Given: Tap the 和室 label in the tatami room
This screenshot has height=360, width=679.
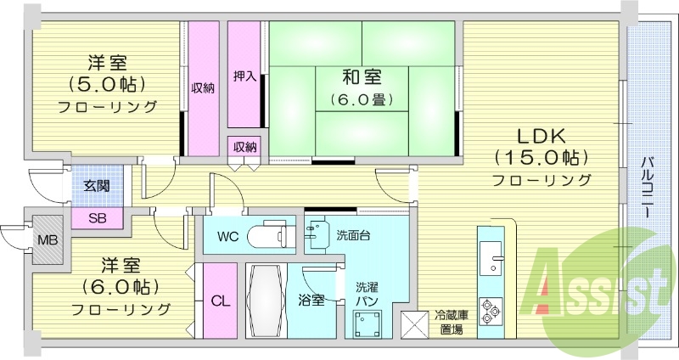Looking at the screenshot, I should (361, 77).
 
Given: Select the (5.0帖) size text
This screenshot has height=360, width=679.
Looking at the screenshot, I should (107, 84).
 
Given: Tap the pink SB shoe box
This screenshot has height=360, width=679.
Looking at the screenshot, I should (98, 218).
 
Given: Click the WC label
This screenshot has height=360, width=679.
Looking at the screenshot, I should (227, 235).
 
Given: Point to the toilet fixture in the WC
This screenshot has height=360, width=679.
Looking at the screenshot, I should (272, 235).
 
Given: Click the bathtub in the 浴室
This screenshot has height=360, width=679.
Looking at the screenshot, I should (272, 301).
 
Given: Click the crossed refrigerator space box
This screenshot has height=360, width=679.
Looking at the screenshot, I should (415, 324).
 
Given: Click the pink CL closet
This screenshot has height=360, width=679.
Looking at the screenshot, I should (220, 301).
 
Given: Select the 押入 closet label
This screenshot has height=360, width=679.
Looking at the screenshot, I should (244, 76).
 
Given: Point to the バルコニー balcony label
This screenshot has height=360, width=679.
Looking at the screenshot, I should (646, 188).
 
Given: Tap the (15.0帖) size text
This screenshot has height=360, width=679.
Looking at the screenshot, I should (542, 158).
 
